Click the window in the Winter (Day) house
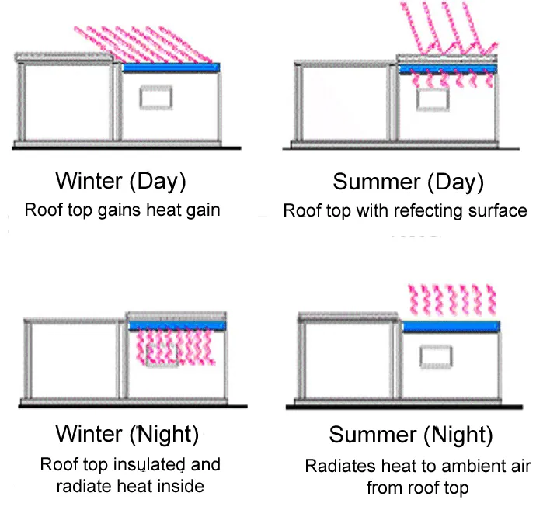coord(152,99)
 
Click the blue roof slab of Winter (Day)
coord(172,68)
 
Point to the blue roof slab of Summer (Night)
coord(451,326)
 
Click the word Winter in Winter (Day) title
coord(89,182)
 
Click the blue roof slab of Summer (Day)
coord(447,68)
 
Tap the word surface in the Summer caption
coord(499,211)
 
